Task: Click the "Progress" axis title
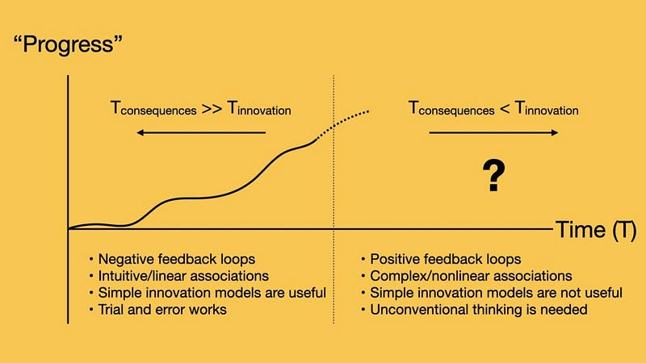tap(68, 44)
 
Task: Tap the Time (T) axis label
tap(596, 229)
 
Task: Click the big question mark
tap(493, 176)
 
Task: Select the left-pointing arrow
tap(201, 132)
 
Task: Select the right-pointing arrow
tap(493, 132)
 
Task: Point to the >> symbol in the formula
tap(212, 109)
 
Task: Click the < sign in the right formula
tap(504, 109)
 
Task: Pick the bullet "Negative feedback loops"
tap(172, 259)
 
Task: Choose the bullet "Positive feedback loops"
tap(441, 259)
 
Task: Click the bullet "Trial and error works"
tap(157, 310)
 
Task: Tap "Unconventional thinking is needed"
tap(474, 310)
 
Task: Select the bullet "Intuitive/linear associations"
tap(178, 276)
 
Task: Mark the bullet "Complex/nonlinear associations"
tap(467, 276)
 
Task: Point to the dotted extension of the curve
tap(341, 123)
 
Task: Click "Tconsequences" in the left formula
tap(153, 109)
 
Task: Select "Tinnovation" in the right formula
tap(547, 109)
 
